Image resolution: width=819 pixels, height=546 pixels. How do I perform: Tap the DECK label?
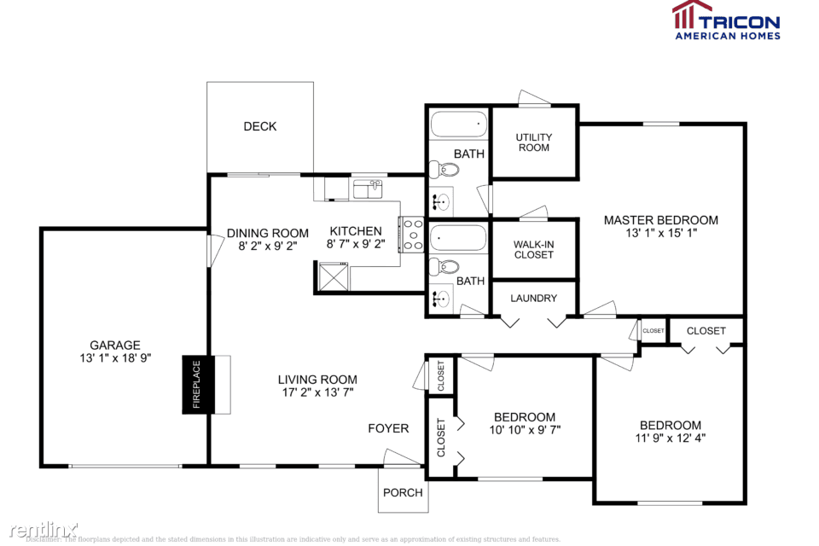(260, 126)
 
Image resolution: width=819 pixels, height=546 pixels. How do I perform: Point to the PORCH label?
(403, 492)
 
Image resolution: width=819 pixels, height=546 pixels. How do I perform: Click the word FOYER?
(388, 428)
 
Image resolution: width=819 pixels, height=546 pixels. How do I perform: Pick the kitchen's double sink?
(368, 189)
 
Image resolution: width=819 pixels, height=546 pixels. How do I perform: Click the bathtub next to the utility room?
(458, 125)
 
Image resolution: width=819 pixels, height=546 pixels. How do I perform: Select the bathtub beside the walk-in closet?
(458, 238)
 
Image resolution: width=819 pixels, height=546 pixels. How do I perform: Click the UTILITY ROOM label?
(534, 142)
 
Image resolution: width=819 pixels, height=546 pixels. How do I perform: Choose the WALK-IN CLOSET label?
(534, 249)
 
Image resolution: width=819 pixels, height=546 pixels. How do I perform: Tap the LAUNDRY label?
(534, 299)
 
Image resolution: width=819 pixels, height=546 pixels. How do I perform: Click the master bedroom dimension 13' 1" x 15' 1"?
(661, 234)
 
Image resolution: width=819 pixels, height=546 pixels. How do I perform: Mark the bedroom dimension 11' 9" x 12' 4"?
(671, 439)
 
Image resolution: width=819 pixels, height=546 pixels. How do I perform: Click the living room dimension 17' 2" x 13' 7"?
(317, 393)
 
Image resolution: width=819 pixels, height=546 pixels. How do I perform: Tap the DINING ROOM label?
(268, 233)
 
